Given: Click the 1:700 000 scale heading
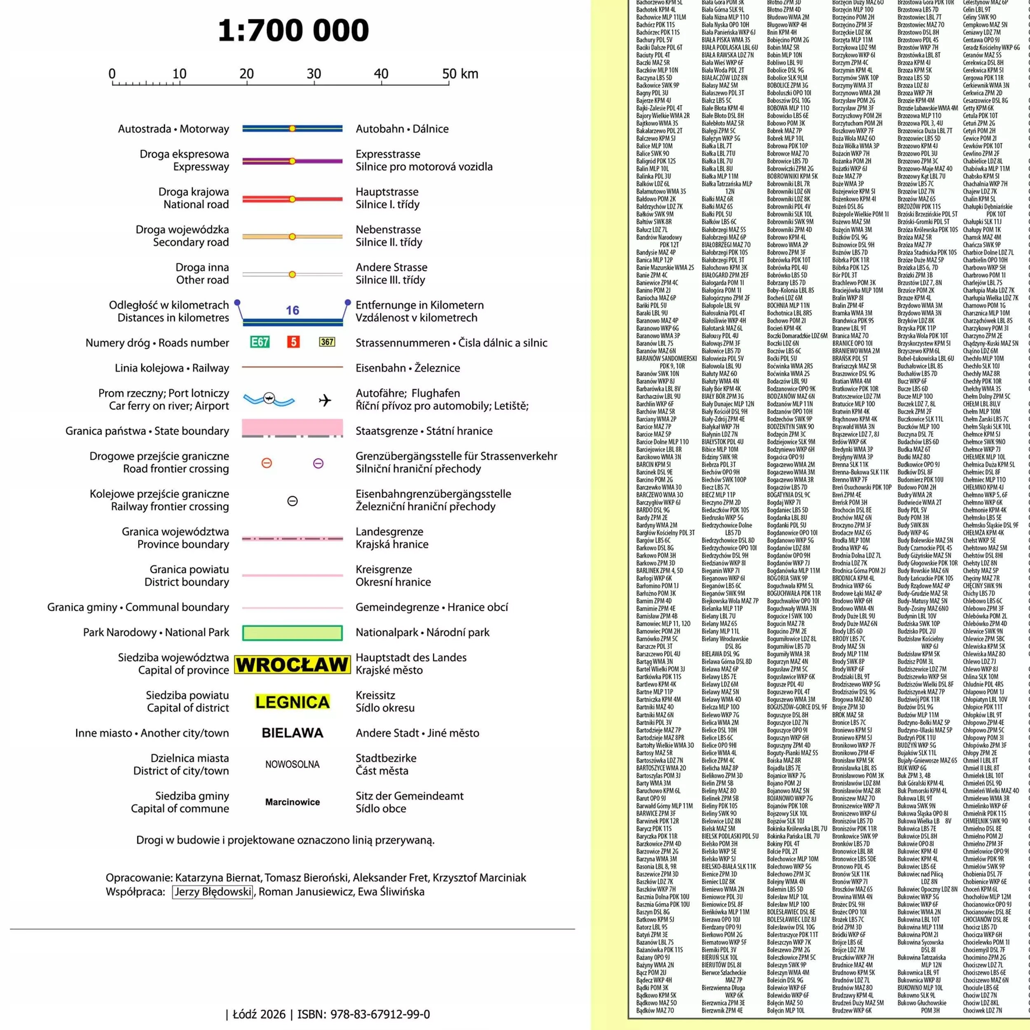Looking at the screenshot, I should pyautogui.click(x=293, y=30).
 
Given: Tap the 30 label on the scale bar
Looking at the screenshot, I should pyautogui.click(x=314, y=74).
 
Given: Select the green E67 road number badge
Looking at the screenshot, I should pyautogui.click(x=260, y=342).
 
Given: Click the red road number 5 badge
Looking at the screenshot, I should pyautogui.click(x=293, y=342).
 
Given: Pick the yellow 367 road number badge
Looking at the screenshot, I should pyautogui.click(x=327, y=342).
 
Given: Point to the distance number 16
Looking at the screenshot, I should pyautogui.click(x=292, y=310).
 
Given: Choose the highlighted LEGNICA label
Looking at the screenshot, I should pyautogui.click(x=292, y=702).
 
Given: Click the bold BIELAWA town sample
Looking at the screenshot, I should pyautogui.click(x=292, y=733).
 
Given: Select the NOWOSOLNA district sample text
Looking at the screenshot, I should pyautogui.click(x=292, y=765).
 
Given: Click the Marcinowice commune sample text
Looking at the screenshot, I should pyautogui.click(x=292, y=802).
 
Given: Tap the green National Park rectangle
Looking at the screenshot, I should pyautogui.click(x=292, y=633).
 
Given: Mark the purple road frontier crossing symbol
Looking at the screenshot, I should pyautogui.click(x=318, y=463).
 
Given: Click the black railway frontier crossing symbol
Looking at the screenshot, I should pyautogui.click(x=292, y=501).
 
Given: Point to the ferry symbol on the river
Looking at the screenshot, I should pyautogui.click(x=269, y=398).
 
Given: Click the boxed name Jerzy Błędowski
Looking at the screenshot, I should pyautogui.click(x=213, y=892).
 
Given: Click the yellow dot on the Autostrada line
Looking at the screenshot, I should pyautogui.click(x=292, y=129).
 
